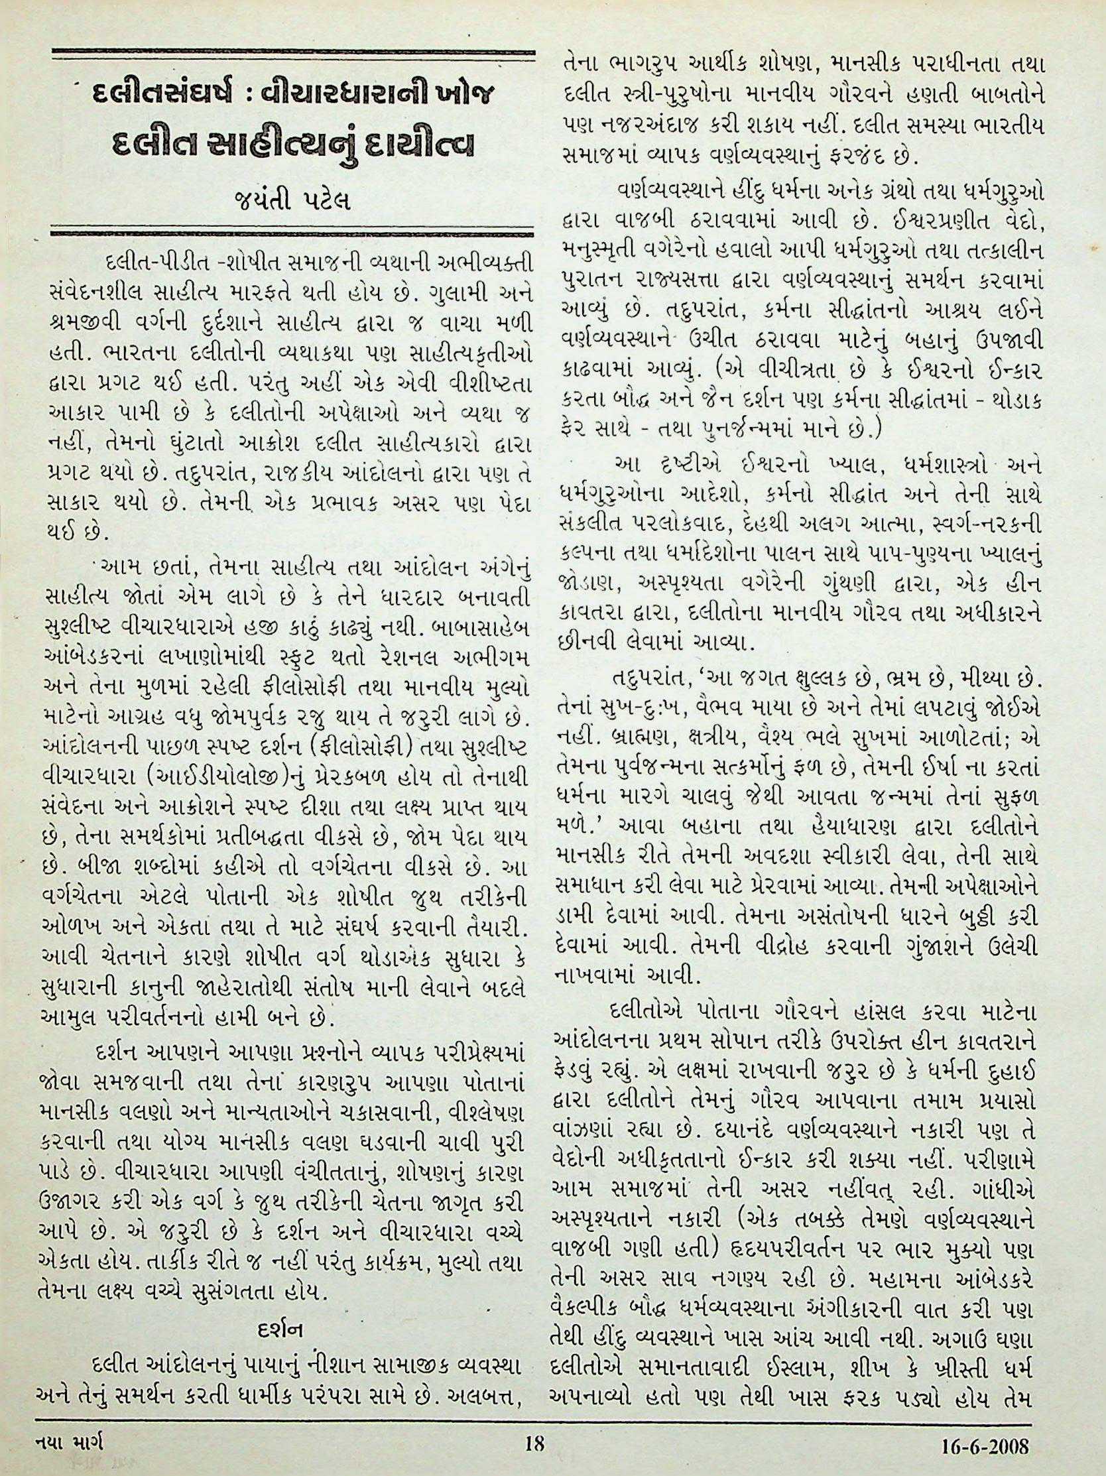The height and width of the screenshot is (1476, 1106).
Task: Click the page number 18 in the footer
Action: click(534, 1442)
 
